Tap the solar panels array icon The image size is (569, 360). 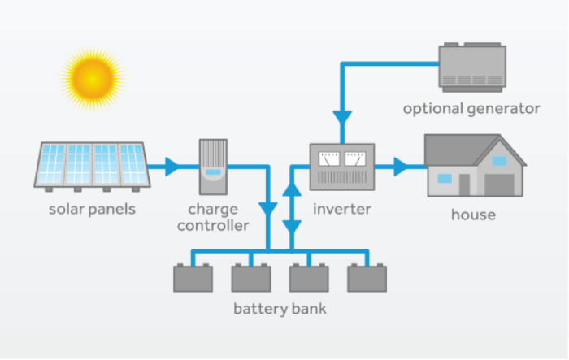92,165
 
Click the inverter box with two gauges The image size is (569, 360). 342,167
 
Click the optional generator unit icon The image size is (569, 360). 471,66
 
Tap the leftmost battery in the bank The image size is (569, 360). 193,277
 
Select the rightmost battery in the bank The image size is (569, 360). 367,277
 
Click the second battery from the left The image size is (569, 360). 250,277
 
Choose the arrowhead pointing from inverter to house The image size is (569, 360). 401,167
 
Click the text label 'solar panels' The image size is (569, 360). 92,209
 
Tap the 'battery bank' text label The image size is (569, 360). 280,309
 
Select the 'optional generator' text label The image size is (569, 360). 471,108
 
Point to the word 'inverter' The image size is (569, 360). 341,209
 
